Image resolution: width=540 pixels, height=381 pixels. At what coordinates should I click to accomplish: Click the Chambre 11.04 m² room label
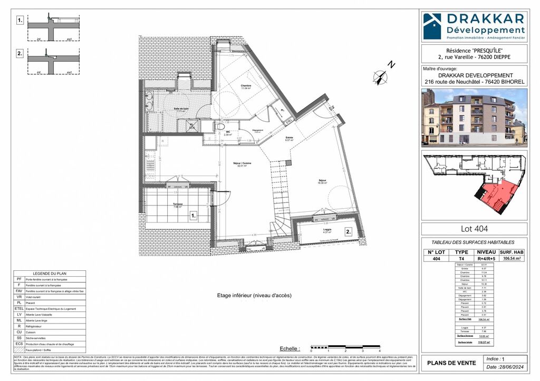click(246, 87)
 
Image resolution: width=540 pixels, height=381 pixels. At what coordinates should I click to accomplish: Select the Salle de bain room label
click(181, 109)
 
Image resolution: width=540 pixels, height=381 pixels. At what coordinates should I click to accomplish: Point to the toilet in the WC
click(219, 127)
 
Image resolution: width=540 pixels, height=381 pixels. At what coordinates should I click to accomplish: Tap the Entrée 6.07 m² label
click(289, 139)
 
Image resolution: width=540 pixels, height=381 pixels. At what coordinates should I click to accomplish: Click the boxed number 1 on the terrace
click(194, 216)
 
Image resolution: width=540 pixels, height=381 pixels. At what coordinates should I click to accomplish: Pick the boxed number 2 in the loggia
click(349, 231)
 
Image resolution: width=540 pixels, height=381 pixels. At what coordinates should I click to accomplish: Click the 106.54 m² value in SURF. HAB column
click(511, 259)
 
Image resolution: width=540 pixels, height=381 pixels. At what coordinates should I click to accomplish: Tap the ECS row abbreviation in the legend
click(19, 343)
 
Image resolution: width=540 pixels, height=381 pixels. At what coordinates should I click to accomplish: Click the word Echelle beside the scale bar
click(289, 348)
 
